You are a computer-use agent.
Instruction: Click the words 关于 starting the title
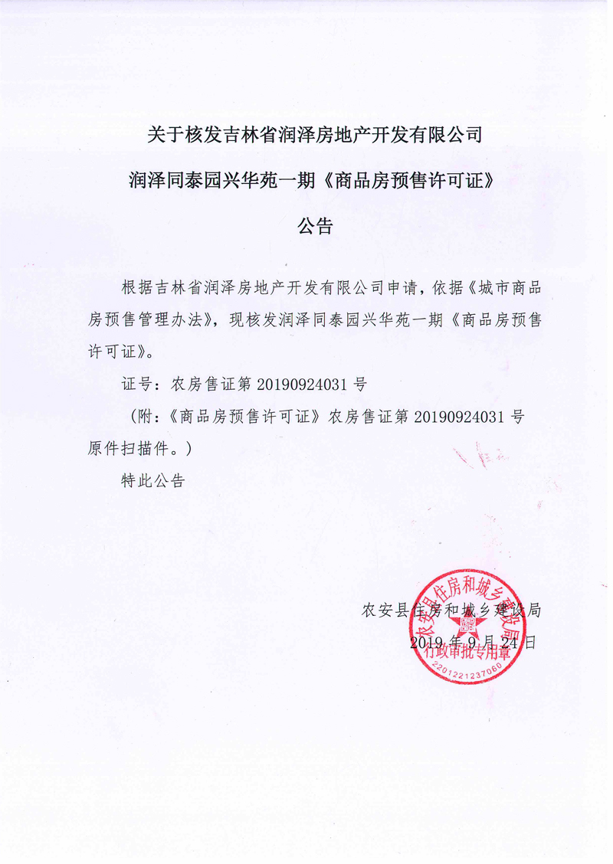(x=164, y=137)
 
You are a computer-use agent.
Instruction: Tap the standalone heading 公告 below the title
(x=315, y=227)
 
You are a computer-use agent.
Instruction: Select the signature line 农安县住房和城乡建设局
(x=452, y=610)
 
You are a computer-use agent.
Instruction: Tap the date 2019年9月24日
(x=473, y=642)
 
